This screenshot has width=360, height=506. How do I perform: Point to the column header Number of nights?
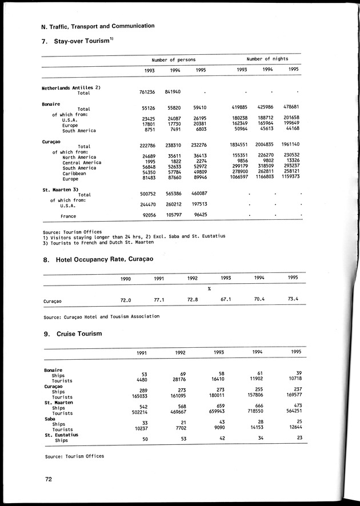click(x=267, y=59)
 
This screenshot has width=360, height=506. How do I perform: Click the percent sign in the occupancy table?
click(x=210, y=288)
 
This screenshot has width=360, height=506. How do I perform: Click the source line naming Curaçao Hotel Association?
click(x=101, y=316)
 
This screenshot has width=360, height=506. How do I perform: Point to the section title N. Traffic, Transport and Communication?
click(x=90, y=26)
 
